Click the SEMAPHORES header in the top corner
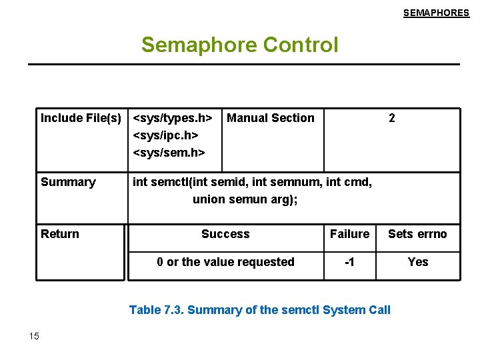click(x=436, y=13)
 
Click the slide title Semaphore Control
click(x=239, y=45)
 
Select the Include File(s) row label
click(x=81, y=118)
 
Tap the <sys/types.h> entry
click(x=173, y=118)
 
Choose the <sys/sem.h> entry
click(x=169, y=153)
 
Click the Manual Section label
click(x=271, y=118)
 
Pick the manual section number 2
click(x=391, y=118)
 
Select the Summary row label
click(x=68, y=182)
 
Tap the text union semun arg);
click(x=245, y=199)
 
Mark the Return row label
click(x=60, y=234)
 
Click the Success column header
click(x=225, y=234)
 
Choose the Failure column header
click(x=349, y=234)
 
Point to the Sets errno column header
click(x=417, y=234)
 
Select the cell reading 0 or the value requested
click(x=225, y=262)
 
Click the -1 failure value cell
click(x=349, y=262)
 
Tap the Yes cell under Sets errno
click(x=417, y=262)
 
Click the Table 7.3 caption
click(x=259, y=309)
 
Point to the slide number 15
click(x=35, y=335)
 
